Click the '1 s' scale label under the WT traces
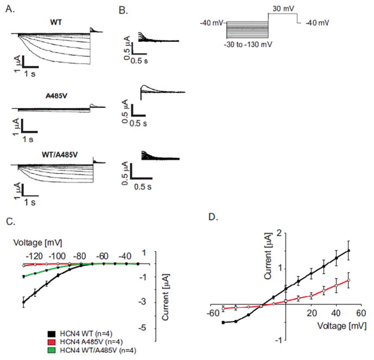[x=31, y=74]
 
